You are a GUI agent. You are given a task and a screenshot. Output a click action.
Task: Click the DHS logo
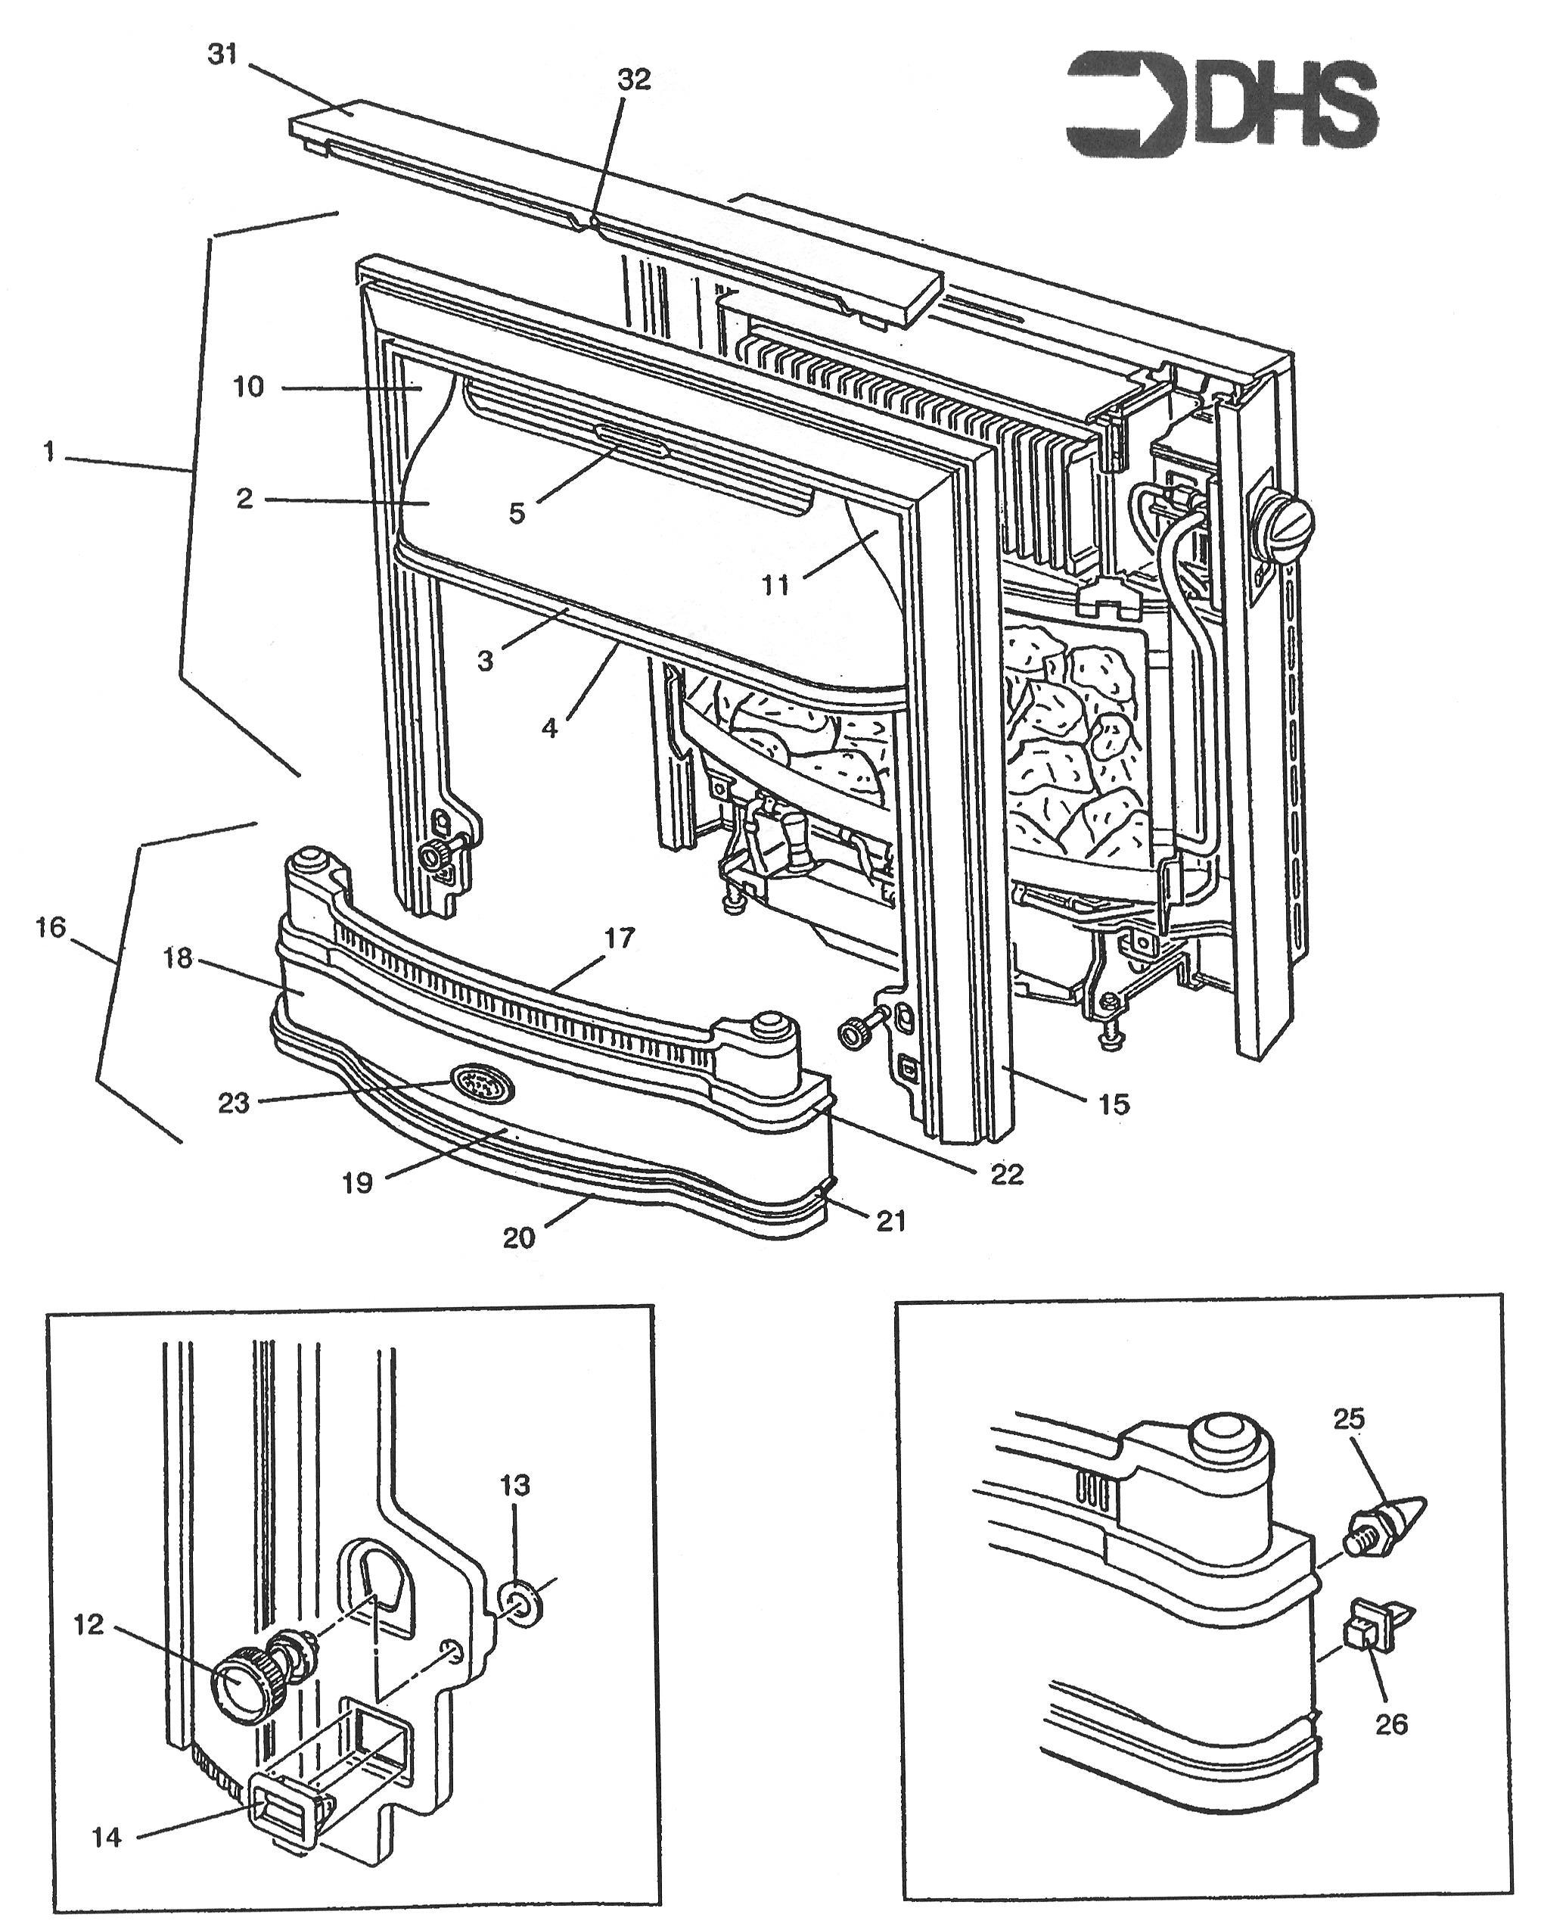click(1222, 106)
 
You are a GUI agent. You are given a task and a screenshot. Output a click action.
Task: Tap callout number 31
click(223, 54)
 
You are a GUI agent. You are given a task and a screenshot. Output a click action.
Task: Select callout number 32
click(634, 79)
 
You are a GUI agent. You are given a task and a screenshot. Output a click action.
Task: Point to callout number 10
click(249, 388)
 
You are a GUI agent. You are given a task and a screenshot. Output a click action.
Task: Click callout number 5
click(517, 514)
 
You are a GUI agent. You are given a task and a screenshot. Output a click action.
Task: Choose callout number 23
click(234, 1103)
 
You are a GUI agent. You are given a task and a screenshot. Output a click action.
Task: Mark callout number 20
click(519, 1238)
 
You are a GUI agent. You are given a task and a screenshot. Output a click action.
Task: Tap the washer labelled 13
click(517, 1603)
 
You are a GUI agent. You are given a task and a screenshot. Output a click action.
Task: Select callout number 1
click(49, 452)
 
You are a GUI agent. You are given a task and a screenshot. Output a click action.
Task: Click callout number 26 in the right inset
click(1391, 1723)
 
